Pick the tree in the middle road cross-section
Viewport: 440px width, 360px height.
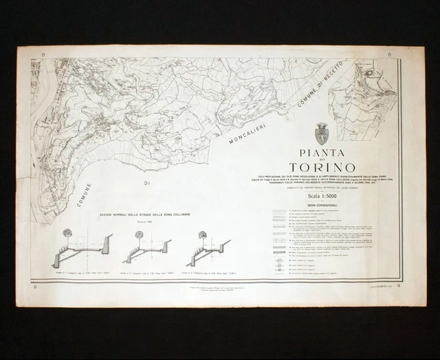click(x=139, y=235)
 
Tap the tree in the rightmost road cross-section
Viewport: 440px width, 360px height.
click(x=203, y=235)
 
